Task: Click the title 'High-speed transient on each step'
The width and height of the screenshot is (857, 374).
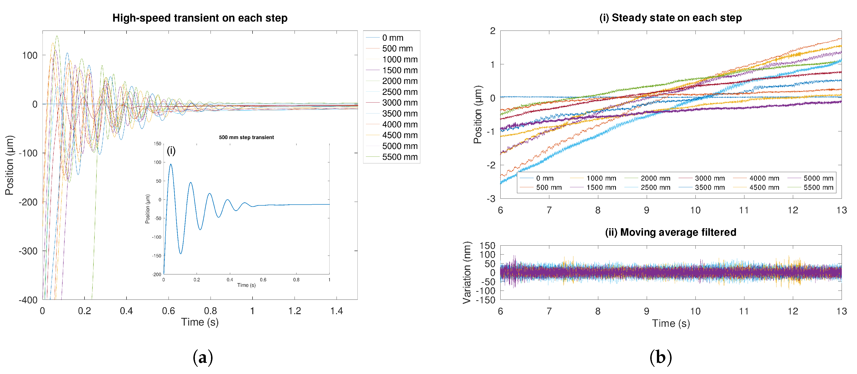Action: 200,18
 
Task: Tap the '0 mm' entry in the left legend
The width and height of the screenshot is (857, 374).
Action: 392,38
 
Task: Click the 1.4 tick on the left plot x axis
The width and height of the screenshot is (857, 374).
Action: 336,311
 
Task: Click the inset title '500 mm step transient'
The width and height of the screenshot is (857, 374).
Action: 246,137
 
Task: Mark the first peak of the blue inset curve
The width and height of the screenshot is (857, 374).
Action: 171,164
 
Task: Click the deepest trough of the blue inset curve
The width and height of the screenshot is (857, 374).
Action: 181,254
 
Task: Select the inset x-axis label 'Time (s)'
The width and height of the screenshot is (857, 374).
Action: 246,285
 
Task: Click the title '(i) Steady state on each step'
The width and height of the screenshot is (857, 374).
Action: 670,18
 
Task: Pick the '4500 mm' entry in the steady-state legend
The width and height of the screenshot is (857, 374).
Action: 764,187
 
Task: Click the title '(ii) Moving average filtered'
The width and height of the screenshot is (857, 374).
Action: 670,232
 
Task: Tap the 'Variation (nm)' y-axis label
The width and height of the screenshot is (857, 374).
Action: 467,273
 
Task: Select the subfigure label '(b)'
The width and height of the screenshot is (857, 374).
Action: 660,357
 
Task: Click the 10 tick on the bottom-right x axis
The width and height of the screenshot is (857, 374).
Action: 695,311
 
